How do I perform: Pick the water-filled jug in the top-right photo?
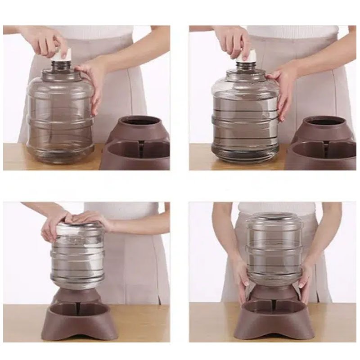click(245, 119)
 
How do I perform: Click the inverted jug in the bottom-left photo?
click(77, 256)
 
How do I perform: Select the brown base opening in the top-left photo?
click(143, 122)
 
